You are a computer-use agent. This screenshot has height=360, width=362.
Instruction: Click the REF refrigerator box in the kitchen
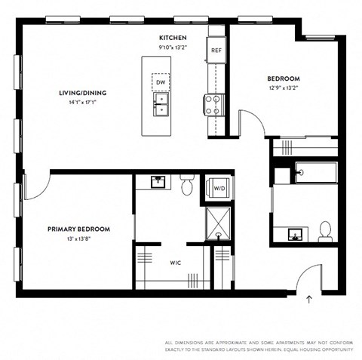point(216,50)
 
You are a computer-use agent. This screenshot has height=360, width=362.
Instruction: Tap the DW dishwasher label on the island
point(161,82)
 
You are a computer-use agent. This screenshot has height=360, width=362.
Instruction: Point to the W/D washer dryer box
point(218,188)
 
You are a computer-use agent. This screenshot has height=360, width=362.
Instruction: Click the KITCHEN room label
point(172,38)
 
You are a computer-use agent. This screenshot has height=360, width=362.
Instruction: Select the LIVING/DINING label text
point(82,93)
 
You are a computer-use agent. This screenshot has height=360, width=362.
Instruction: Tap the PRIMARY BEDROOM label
point(78,229)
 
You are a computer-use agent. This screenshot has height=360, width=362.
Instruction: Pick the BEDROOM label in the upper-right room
point(284,78)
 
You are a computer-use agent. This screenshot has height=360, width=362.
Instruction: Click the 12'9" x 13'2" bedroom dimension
point(284,87)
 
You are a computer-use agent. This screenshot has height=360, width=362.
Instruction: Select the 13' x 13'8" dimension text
point(78,238)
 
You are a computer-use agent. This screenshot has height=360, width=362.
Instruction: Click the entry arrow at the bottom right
point(309,300)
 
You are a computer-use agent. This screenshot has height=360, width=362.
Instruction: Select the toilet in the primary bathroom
point(188,183)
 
